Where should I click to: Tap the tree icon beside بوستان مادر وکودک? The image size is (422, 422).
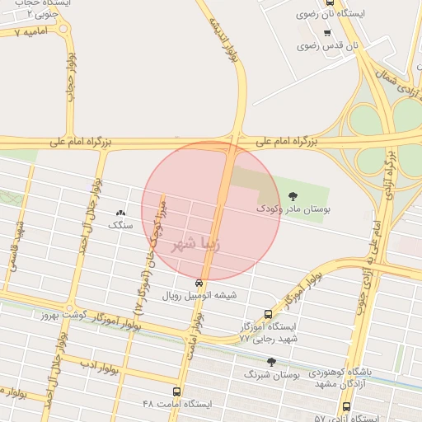[x=293, y=196]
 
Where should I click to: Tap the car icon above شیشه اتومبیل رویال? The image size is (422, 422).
[x=198, y=282]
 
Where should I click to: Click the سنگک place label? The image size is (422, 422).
[x=120, y=224]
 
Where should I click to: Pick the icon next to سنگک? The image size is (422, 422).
[x=121, y=213]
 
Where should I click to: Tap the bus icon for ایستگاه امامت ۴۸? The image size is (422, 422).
[x=176, y=392]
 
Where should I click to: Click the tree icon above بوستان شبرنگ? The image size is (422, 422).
[x=271, y=362]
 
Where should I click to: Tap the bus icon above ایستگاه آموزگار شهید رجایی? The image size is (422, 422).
[x=268, y=314]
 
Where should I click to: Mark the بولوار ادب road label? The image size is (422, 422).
[x=97, y=363]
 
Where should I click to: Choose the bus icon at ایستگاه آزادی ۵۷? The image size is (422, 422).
[x=346, y=407]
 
